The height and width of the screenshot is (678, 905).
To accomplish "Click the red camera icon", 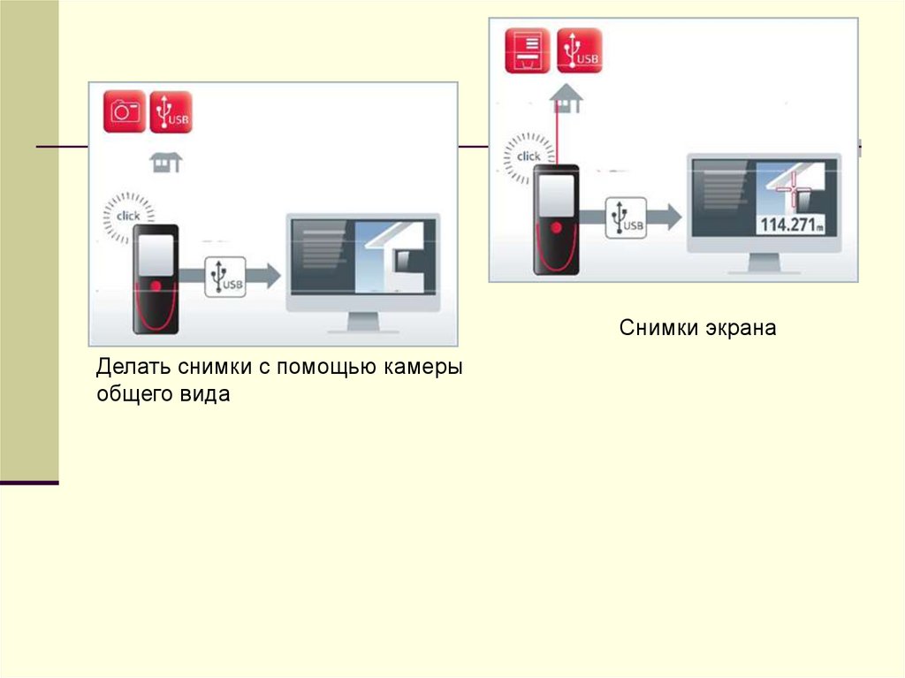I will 125,111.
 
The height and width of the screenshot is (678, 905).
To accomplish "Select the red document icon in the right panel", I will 527,51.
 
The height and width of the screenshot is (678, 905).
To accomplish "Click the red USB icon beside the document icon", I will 579,51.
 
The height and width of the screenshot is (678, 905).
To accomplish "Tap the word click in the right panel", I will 529,156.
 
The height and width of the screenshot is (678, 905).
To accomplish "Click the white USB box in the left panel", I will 224,276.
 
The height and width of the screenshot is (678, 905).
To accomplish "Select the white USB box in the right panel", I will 625,217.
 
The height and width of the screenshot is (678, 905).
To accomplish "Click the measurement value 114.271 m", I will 792,225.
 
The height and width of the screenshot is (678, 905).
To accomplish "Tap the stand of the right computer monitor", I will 764,264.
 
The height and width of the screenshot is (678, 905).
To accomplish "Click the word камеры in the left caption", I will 422,367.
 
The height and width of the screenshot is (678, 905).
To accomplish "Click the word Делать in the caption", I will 133,367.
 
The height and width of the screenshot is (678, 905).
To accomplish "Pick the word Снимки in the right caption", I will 658,328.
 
